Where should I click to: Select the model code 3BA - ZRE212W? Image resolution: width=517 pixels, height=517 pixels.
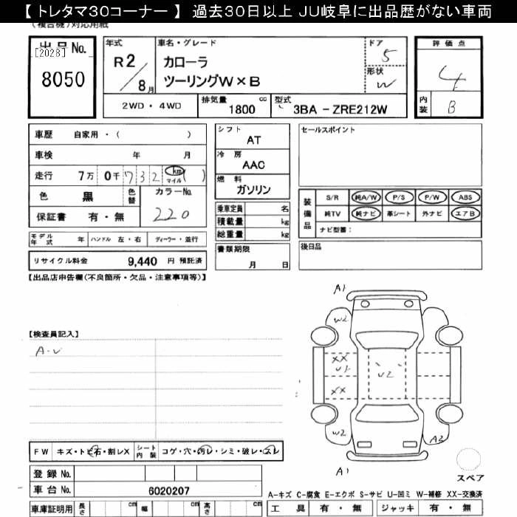click(x=340, y=109)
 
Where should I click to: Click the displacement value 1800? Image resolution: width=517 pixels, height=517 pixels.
click(x=242, y=109)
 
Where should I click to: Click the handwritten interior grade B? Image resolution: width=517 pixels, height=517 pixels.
click(x=451, y=106)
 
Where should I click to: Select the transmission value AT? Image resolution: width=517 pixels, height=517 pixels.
click(x=253, y=140)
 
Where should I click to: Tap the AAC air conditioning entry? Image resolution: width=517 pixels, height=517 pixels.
click(x=253, y=165)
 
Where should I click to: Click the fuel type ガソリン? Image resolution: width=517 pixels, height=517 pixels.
click(x=253, y=190)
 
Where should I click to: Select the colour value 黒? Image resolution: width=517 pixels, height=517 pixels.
click(x=87, y=196)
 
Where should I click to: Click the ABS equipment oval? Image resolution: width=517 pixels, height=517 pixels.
click(x=465, y=197)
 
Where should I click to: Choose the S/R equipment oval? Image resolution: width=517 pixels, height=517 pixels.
click(x=333, y=197)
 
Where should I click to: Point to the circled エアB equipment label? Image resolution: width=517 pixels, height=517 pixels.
click(x=465, y=213)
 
